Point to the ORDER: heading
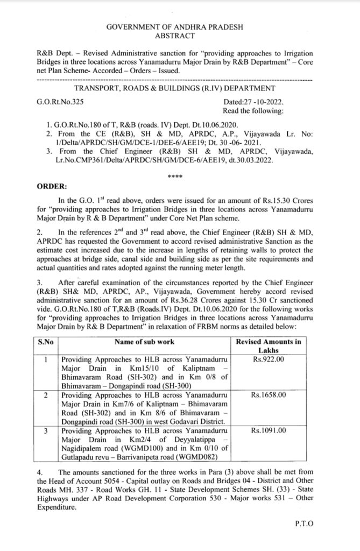click(x=51, y=186)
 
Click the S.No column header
click(x=43, y=341)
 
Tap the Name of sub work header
click(x=144, y=341)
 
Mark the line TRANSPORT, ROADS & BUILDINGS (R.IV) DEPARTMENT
click(x=175, y=89)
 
